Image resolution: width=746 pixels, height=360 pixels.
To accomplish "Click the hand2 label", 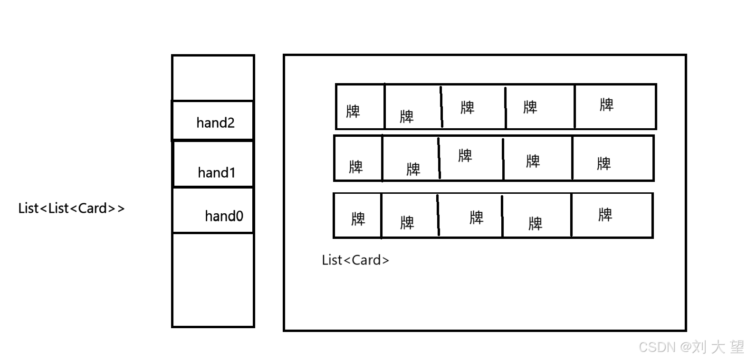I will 215,123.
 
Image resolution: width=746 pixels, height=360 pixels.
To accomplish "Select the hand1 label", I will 217,172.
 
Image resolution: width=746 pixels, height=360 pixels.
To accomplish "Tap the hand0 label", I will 224,216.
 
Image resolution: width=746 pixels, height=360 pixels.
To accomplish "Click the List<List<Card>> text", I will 71,208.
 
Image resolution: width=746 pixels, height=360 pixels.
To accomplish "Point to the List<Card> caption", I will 355,260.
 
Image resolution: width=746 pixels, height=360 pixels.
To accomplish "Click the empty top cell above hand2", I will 213,78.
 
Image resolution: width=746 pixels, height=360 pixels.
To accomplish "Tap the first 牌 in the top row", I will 353,112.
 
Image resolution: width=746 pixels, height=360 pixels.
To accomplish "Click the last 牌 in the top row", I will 607,105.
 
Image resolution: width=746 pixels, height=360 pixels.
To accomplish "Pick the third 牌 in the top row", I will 468,108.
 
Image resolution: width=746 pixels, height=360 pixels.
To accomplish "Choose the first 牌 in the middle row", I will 356,167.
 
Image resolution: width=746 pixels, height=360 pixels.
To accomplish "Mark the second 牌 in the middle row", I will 413,170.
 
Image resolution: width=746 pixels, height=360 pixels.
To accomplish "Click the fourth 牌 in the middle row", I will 533,161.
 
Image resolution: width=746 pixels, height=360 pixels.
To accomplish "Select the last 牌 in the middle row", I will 604,164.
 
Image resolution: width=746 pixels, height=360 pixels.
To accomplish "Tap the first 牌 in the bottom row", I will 358,219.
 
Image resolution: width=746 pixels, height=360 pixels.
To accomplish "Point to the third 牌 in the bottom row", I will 477,218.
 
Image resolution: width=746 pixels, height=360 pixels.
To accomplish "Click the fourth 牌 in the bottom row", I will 536,224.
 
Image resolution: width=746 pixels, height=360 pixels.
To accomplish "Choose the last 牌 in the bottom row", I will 605,215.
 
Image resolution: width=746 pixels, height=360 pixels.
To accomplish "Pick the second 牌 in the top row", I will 407,117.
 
